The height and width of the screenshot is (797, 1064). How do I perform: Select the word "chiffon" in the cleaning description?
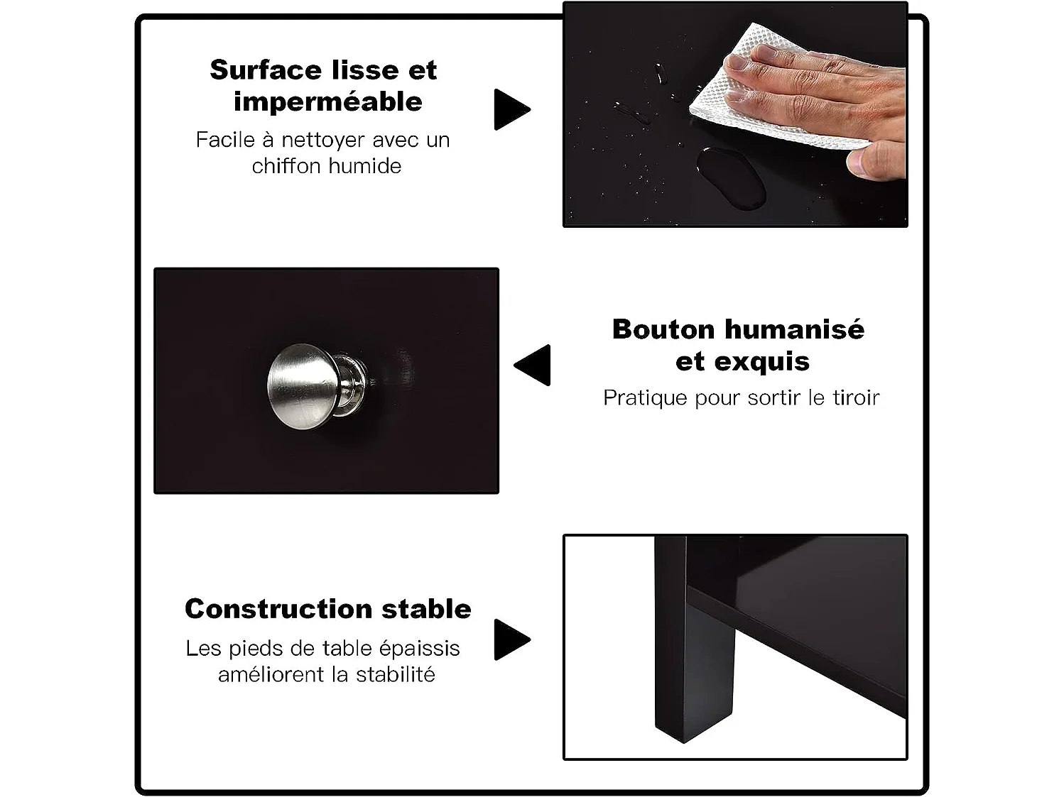pos(286,166)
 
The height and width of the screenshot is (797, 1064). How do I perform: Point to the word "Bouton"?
pos(663,330)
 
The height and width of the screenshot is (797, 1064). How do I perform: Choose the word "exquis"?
pos(769,363)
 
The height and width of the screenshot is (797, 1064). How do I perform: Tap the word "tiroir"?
pos(856,398)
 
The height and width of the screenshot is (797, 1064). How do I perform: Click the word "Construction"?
pos(279,609)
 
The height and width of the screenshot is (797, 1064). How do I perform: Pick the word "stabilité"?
pos(395,674)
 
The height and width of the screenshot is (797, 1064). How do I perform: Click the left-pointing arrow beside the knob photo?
pos(532,365)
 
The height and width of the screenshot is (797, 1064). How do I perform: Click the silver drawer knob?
pos(317,386)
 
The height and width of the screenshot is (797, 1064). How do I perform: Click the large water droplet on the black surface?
pos(732,178)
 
